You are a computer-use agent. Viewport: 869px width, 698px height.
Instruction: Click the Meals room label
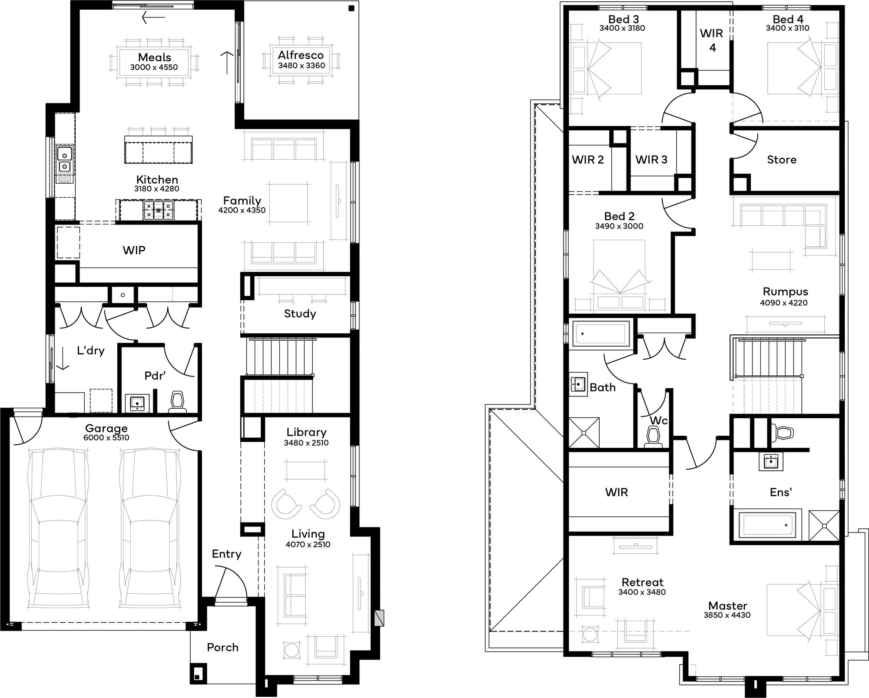pyautogui.click(x=154, y=57)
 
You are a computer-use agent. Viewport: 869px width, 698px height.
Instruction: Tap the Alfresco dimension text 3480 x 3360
pyautogui.click(x=302, y=66)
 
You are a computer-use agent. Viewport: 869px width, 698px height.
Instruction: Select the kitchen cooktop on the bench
pyautogui.click(x=159, y=210)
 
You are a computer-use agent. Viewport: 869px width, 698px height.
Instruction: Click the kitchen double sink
pyautogui.click(x=65, y=160)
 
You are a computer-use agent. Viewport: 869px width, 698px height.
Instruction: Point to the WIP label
pyautogui.click(x=134, y=250)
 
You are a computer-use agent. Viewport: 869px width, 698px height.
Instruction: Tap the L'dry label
pyautogui.click(x=90, y=351)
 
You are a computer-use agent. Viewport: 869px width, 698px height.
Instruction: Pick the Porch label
pyautogui.click(x=222, y=648)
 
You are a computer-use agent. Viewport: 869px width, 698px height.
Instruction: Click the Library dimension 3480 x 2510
pyautogui.click(x=306, y=443)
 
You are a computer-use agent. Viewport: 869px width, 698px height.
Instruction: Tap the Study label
pyautogui.click(x=300, y=314)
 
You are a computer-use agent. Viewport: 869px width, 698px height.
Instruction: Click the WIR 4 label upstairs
pyautogui.click(x=712, y=40)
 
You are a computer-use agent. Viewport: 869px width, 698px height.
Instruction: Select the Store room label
pyautogui.click(x=782, y=160)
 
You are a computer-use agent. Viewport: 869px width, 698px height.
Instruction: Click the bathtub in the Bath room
pyautogui.click(x=601, y=334)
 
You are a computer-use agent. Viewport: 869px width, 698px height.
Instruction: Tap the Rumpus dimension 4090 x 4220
pyautogui.click(x=784, y=303)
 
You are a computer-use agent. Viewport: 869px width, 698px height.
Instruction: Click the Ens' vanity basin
pyautogui.click(x=771, y=461)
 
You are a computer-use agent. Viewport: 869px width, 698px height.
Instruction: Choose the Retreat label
pyautogui.click(x=642, y=582)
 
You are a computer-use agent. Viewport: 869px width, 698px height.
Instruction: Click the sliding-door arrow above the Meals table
pyautogui.click(x=153, y=17)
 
